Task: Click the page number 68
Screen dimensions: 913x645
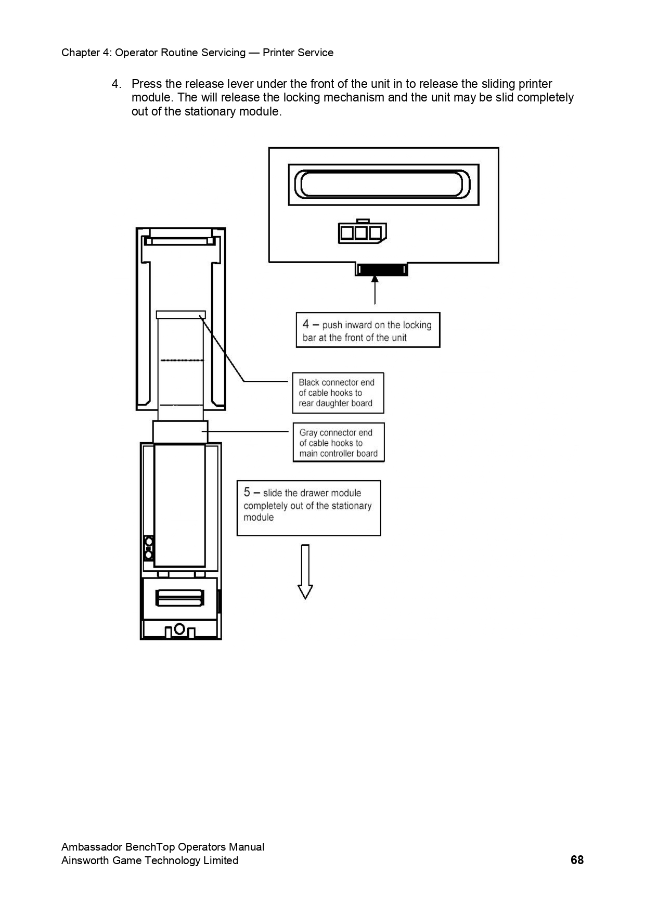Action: [577, 860]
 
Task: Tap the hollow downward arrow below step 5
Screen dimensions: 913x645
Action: [305, 572]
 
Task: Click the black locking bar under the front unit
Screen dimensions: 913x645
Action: [381, 270]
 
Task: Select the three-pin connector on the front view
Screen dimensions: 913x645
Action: [362, 233]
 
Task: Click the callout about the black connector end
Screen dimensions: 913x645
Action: [338, 393]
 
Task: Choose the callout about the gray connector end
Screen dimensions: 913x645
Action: [339, 443]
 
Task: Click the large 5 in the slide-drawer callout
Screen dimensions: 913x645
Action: [247, 492]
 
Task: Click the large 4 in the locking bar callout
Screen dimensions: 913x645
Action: [306, 324]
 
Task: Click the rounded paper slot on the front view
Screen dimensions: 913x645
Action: [383, 185]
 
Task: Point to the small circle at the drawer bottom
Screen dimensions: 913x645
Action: [179, 629]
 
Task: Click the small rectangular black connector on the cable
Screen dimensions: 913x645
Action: [181, 314]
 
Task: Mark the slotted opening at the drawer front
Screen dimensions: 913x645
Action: [180, 598]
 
